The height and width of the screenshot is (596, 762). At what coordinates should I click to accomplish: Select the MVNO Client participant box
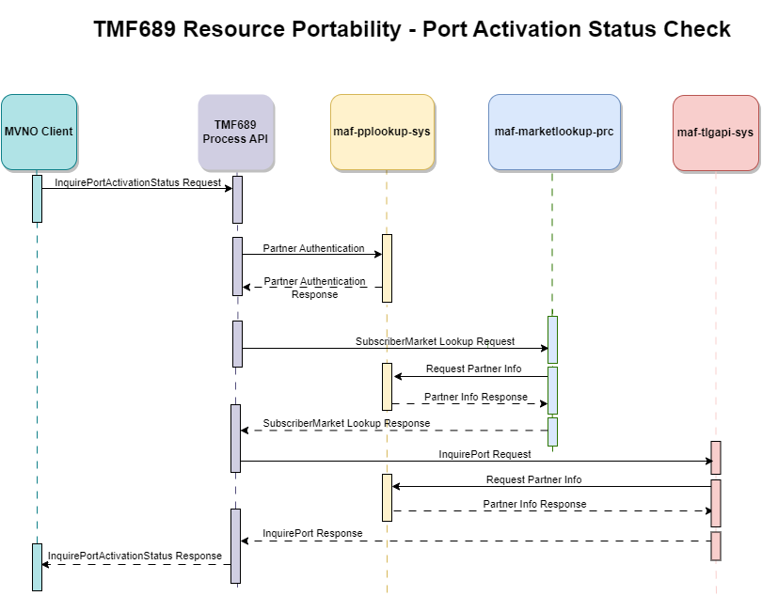(x=38, y=132)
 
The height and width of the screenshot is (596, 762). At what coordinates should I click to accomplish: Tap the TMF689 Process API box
(x=236, y=132)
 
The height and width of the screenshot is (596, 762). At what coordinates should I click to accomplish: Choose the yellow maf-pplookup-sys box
(x=382, y=132)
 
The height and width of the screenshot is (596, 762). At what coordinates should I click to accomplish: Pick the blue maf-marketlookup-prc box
(x=554, y=132)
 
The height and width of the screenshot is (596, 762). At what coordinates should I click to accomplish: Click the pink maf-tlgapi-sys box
(x=715, y=133)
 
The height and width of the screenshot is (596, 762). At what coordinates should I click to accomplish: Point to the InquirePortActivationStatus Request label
(x=138, y=181)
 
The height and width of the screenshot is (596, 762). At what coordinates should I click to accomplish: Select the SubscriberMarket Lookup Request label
(x=435, y=341)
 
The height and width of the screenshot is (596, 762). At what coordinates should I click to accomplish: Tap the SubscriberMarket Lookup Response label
(x=346, y=423)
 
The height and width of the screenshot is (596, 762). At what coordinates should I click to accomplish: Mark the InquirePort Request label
(x=484, y=454)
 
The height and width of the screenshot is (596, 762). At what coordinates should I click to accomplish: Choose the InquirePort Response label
(x=312, y=533)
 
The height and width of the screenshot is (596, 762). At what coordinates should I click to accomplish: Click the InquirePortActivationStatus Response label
(x=135, y=556)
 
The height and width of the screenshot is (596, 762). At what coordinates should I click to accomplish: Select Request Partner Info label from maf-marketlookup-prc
(x=473, y=369)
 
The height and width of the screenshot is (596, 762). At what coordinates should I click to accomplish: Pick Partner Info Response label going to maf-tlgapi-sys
(x=534, y=504)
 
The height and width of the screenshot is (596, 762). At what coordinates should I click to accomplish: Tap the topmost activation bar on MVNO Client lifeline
(x=38, y=198)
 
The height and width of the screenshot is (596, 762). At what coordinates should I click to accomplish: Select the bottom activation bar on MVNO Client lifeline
(x=38, y=567)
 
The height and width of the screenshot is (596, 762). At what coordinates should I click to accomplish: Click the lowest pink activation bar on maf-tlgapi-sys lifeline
(x=716, y=545)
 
